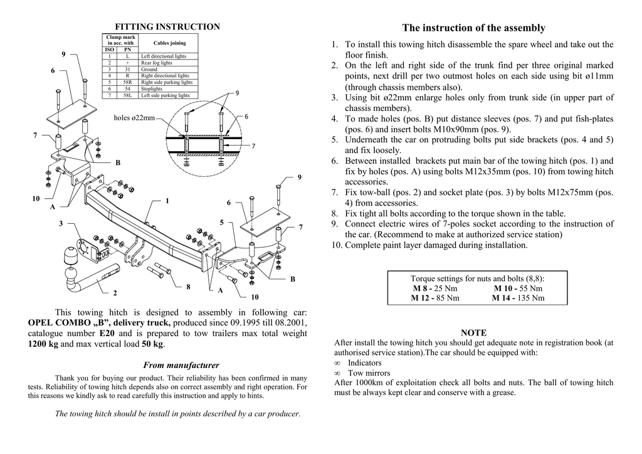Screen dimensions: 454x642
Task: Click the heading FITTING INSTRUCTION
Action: pos(167,27)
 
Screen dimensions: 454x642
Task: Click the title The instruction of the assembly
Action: pos(473,28)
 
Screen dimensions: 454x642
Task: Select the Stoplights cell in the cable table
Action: pos(152,89)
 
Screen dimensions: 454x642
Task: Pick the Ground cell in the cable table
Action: pos(149,69)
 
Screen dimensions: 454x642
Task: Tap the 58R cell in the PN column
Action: pos(127,82)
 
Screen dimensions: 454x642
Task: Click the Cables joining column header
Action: pos(169,43)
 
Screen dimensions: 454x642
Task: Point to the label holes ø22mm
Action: pos(134,118)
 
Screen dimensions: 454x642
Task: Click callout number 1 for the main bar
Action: pos(167,201)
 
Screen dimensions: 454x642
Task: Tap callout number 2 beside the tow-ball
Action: pos(115,293)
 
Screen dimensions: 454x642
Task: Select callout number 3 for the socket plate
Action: pos(61,223)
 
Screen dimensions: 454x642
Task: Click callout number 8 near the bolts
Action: pos(188,287)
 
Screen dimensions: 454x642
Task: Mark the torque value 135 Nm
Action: pos(531,298)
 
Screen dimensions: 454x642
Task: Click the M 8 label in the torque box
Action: pos(422,288)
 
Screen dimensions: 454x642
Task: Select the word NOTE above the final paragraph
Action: pos(473,332)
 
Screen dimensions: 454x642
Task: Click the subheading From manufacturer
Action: pos(181,365)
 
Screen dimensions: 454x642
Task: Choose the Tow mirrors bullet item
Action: pos(364,373)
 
